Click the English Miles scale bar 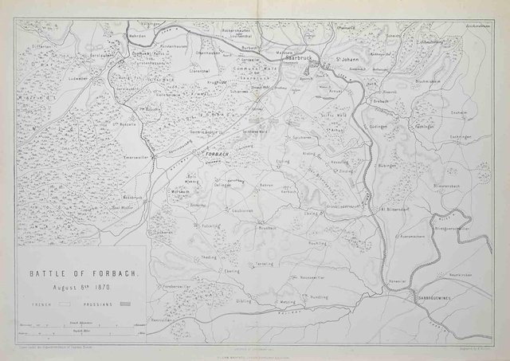[81, 328]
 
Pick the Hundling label [319, 295]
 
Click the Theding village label [208, 257]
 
